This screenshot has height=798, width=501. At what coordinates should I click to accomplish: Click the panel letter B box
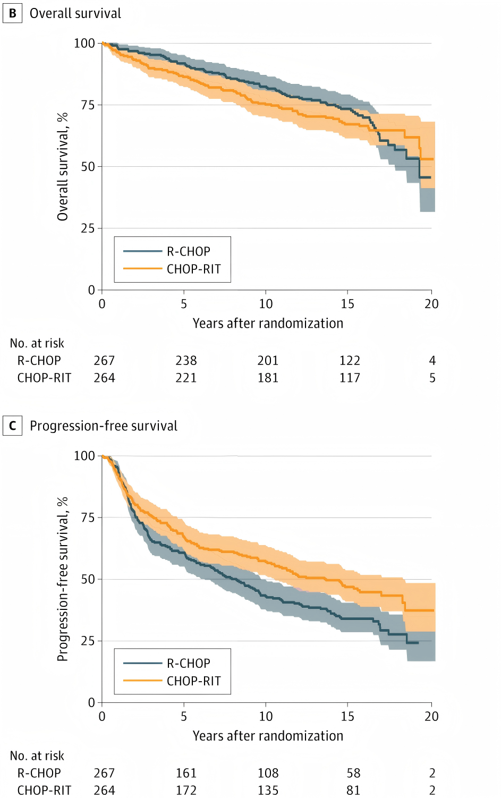12,13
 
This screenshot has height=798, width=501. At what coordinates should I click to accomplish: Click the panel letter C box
12,426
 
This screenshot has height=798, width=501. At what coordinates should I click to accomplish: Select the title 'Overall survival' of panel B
75,13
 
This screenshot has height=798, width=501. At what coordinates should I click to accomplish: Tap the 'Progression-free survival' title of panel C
104,426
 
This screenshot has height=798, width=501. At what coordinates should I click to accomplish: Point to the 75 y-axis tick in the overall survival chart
88,105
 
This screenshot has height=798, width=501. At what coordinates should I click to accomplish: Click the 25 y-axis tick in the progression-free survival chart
88,641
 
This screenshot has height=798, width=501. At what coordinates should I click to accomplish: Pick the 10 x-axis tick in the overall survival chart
266,304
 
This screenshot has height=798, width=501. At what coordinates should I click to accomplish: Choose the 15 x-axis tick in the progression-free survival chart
347,716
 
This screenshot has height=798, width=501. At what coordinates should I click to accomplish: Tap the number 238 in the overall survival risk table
186,361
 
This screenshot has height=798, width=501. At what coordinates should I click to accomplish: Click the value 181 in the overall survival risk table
268,378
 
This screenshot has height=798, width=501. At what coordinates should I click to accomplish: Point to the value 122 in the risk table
350,361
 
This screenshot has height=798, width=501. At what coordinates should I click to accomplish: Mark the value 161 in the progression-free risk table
186,773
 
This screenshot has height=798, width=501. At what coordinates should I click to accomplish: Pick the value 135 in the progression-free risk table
268,791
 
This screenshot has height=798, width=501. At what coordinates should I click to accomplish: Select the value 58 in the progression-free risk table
353,773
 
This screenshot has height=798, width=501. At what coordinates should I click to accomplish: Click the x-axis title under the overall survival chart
268,324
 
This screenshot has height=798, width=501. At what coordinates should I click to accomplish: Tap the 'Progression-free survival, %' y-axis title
63,579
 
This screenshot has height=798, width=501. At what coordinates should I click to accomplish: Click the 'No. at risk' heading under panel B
37,343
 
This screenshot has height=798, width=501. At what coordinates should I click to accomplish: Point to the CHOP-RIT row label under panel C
44,791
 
